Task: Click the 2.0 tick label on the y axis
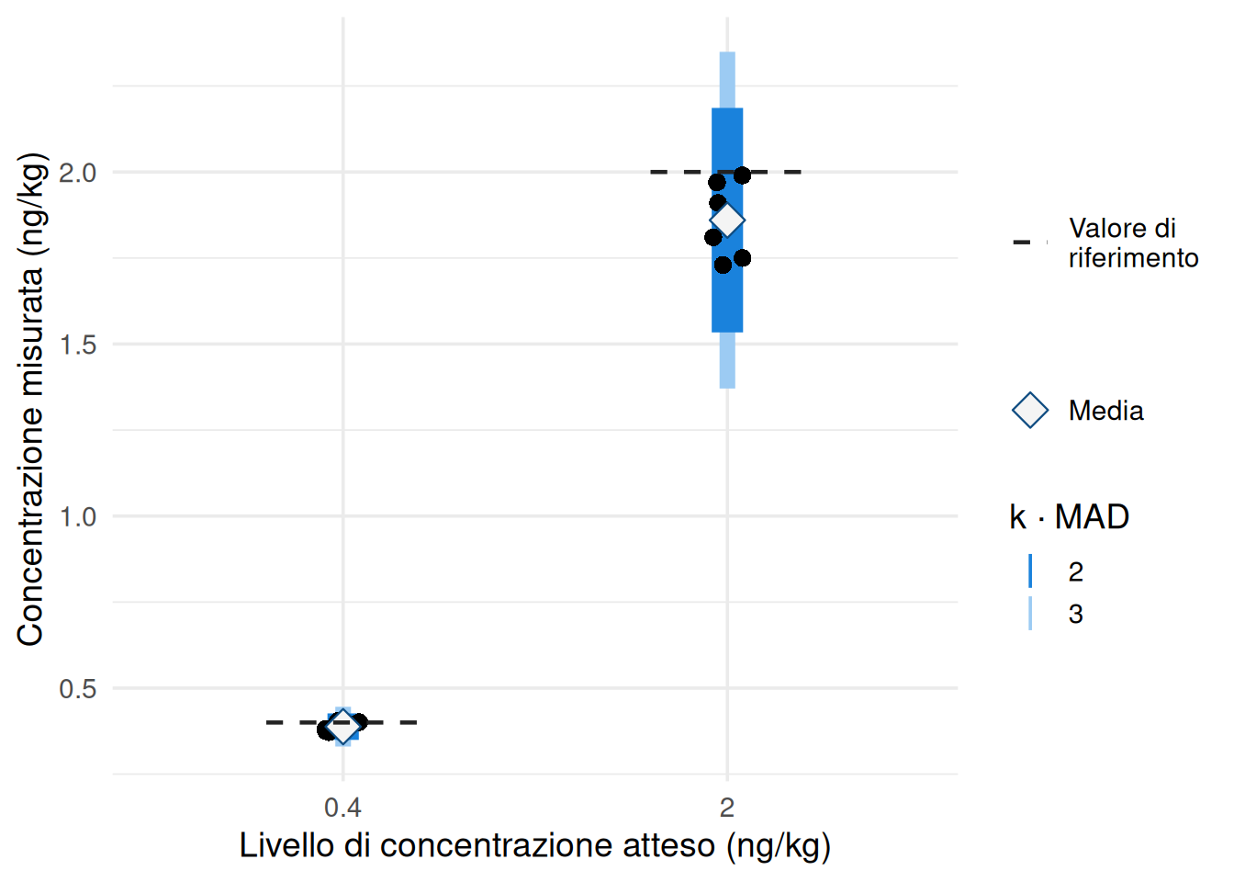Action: (x=77, y=173)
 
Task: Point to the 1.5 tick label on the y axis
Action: (x=77, y=345)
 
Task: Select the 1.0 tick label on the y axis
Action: (x=77, y=516)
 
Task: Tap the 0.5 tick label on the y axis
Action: (x=77, y=688)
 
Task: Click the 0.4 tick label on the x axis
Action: (x=342, y=808)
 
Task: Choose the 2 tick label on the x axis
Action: (x=727, y=808)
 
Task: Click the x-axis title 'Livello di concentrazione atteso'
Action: (x=534, y=845)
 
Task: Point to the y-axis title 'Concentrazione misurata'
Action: (x=30, y=399)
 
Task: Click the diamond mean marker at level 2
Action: (x=727, y=220)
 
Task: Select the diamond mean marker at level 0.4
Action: (x=342, y=727)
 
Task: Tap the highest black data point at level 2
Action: (x=742, y=175)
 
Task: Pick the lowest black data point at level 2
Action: (x=723, y=266)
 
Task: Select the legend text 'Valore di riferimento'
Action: (x=1133, y=243)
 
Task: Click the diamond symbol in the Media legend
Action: (x=1030, y=411)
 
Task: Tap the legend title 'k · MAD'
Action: (x=1069, y=517)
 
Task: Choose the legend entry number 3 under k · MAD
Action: (x=1076, y=614)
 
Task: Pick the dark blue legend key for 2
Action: (x=1030, y=571)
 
